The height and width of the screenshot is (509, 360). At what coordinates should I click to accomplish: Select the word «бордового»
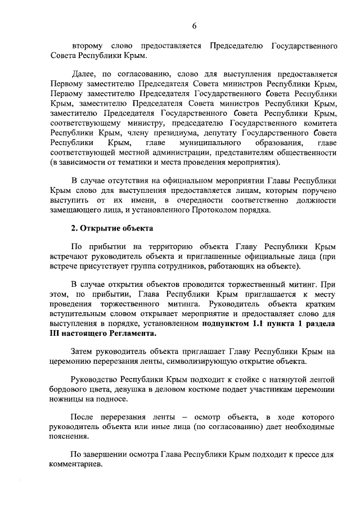click(x=75, y=390)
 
